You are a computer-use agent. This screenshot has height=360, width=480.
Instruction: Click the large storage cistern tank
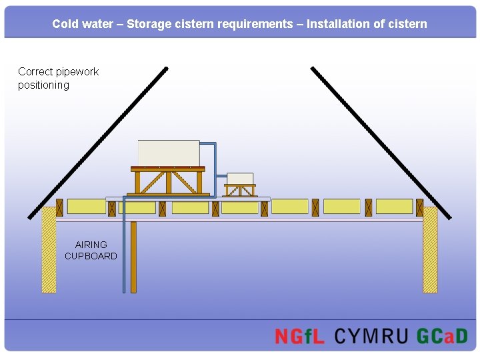pyautogui.click(x=168, y=153)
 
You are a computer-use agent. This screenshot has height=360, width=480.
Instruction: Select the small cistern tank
pyautogui.click(x=240, y=178)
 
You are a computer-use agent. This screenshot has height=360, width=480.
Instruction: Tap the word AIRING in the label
pyautogui.click(x=91, y=245)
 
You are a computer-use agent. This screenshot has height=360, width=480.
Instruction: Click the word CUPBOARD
pyautogui.click(x=91, y=256)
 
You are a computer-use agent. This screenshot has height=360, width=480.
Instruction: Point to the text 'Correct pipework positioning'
pyautogui.click(x=58, y=78)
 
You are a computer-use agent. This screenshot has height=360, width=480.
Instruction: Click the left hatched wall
pyautogui.click(x=49, y=250)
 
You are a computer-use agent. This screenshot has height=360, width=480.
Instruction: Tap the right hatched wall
pyautogui.click(x=430, y=250)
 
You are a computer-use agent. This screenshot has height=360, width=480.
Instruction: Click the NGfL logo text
pyautogui.click(x=299, y=336)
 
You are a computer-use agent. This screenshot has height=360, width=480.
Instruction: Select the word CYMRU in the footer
pyautogui.click(x=371, y=336)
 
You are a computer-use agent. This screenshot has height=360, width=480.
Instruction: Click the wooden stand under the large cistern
pyautogui.click(x=168, y=181)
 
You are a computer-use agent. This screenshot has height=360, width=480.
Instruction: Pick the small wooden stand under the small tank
pyautogui.click(x=240, y=190)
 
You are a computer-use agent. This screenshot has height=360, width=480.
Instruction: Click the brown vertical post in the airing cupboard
pyautogui.click(x=133, y=257)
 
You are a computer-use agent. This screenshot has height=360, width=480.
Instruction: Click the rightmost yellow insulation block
pyautogui.click(x=394, y=207)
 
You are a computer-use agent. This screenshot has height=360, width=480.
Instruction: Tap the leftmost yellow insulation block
pyautogui.click(x=86, y=207)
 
